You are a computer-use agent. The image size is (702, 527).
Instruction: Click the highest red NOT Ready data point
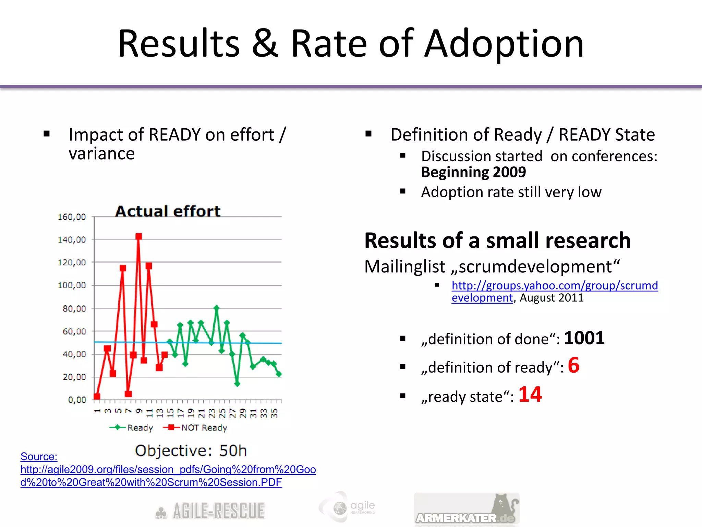138,236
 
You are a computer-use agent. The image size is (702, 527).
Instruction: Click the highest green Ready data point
216,308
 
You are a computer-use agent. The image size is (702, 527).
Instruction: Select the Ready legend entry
131,428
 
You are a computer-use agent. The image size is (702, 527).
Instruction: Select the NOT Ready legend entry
195,428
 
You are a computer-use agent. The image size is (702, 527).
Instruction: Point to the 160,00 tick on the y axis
72,217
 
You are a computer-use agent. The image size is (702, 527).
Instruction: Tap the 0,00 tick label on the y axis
77,400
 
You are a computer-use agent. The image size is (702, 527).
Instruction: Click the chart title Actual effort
168,211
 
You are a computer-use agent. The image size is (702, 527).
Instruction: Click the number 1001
584,338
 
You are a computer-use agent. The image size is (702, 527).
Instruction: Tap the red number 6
573,365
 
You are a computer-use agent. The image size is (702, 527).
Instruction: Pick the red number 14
530,395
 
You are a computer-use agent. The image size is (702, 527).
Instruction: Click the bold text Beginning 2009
473,172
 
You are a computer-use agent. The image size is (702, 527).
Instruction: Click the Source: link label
39,456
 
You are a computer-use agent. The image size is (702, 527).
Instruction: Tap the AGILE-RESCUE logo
210,511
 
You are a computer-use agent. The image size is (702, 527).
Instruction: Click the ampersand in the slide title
265,44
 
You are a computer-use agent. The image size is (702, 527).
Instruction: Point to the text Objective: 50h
191,450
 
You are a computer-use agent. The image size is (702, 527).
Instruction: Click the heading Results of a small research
497,241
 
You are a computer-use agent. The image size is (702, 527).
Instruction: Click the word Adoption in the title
504,44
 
